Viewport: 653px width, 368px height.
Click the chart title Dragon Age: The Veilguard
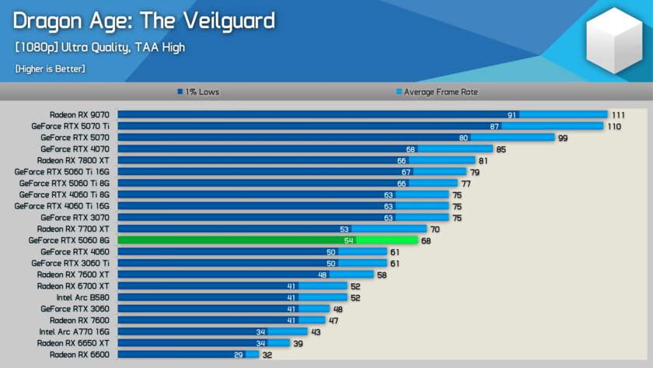[144, 20]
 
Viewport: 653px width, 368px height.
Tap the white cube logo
[614, 41]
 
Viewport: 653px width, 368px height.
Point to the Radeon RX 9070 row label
[79, 114]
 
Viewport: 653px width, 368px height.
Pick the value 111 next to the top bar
[618, 114]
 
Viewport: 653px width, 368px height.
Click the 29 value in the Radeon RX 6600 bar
[238, 355]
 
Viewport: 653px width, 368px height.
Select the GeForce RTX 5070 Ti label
[70, 126]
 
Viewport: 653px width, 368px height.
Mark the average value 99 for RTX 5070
[564, 138]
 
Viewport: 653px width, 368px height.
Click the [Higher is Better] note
[50, 68]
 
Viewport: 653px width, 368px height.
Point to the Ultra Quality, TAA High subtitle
[100, 47]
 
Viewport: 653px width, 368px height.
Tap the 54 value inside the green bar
[349, 240]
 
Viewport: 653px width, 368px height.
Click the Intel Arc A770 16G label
[74, 331]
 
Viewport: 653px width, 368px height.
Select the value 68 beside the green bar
[426, 240]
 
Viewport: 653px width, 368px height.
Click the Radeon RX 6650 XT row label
[73, 343]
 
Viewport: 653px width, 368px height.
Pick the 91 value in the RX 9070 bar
[512, 114]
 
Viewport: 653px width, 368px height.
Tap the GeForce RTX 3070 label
[75, 218]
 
